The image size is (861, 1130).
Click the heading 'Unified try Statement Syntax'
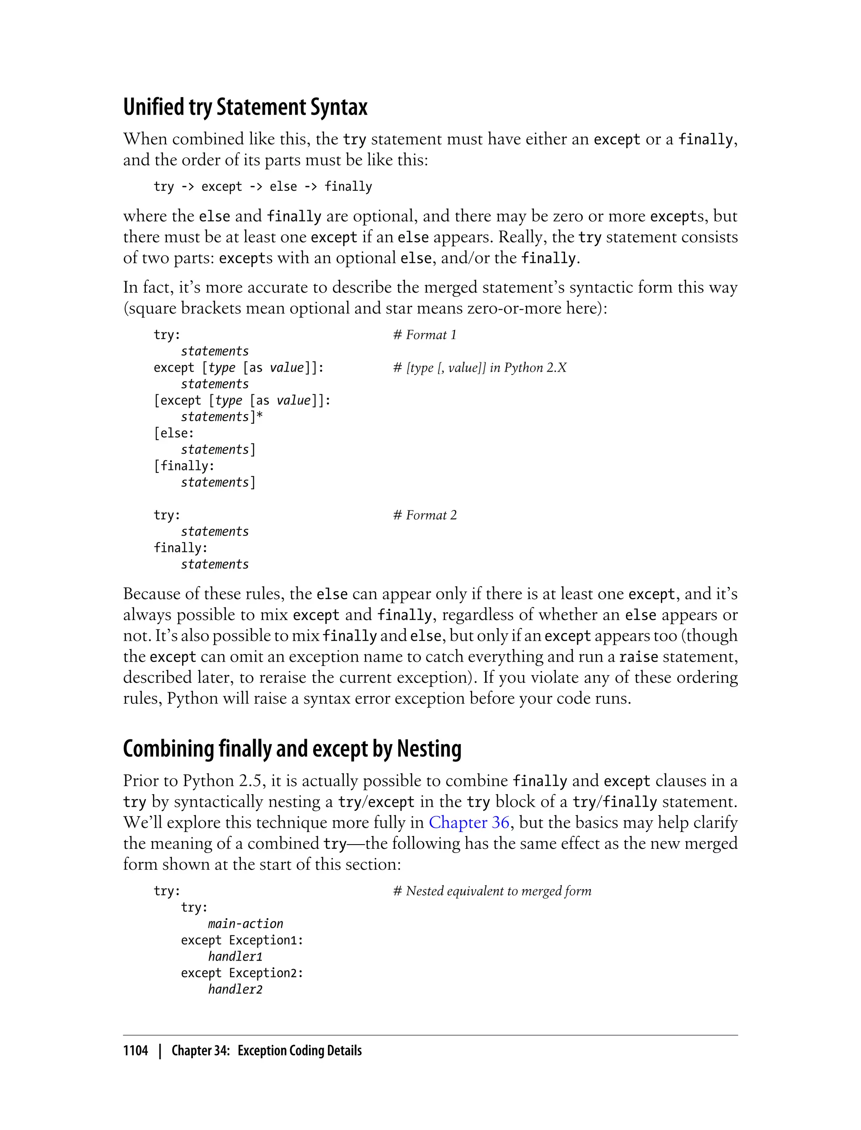[245, 107]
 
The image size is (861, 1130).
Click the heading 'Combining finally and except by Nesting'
[292, 749]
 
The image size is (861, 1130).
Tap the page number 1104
[135, 1051]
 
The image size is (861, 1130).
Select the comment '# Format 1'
[424, 335]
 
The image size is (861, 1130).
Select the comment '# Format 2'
[424, 515]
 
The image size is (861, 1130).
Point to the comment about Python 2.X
[479, 367]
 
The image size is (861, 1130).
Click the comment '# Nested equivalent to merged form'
[491, 891]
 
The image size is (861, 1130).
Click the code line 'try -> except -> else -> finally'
[262, 187]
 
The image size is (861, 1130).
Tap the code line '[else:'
[174, 433]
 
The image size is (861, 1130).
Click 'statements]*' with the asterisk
[222, 417]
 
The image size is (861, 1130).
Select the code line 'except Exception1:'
[242, 940]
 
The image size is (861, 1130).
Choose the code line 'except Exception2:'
[242, 973]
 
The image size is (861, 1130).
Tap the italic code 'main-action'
[246, 924]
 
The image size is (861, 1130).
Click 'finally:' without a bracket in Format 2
[180, 548]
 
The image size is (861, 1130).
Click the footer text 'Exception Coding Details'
[299, 1051]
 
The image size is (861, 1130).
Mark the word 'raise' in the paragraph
[638, 657]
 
